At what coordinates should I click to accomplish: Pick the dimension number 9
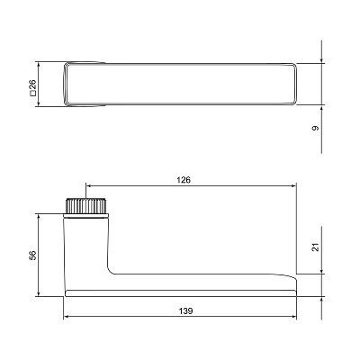pos(314,129)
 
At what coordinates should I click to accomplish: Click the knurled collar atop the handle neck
pos(86,206)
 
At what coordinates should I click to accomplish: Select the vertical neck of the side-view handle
pos(86,247)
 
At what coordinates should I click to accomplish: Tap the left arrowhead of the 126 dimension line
pos(88,186)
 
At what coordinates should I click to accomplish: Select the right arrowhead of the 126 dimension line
pos(294,186)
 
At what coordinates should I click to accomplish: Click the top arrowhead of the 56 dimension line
pos(38,217)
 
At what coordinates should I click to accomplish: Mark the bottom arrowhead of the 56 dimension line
pos(38,294)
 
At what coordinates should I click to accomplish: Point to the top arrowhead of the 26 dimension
pos(38,65)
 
